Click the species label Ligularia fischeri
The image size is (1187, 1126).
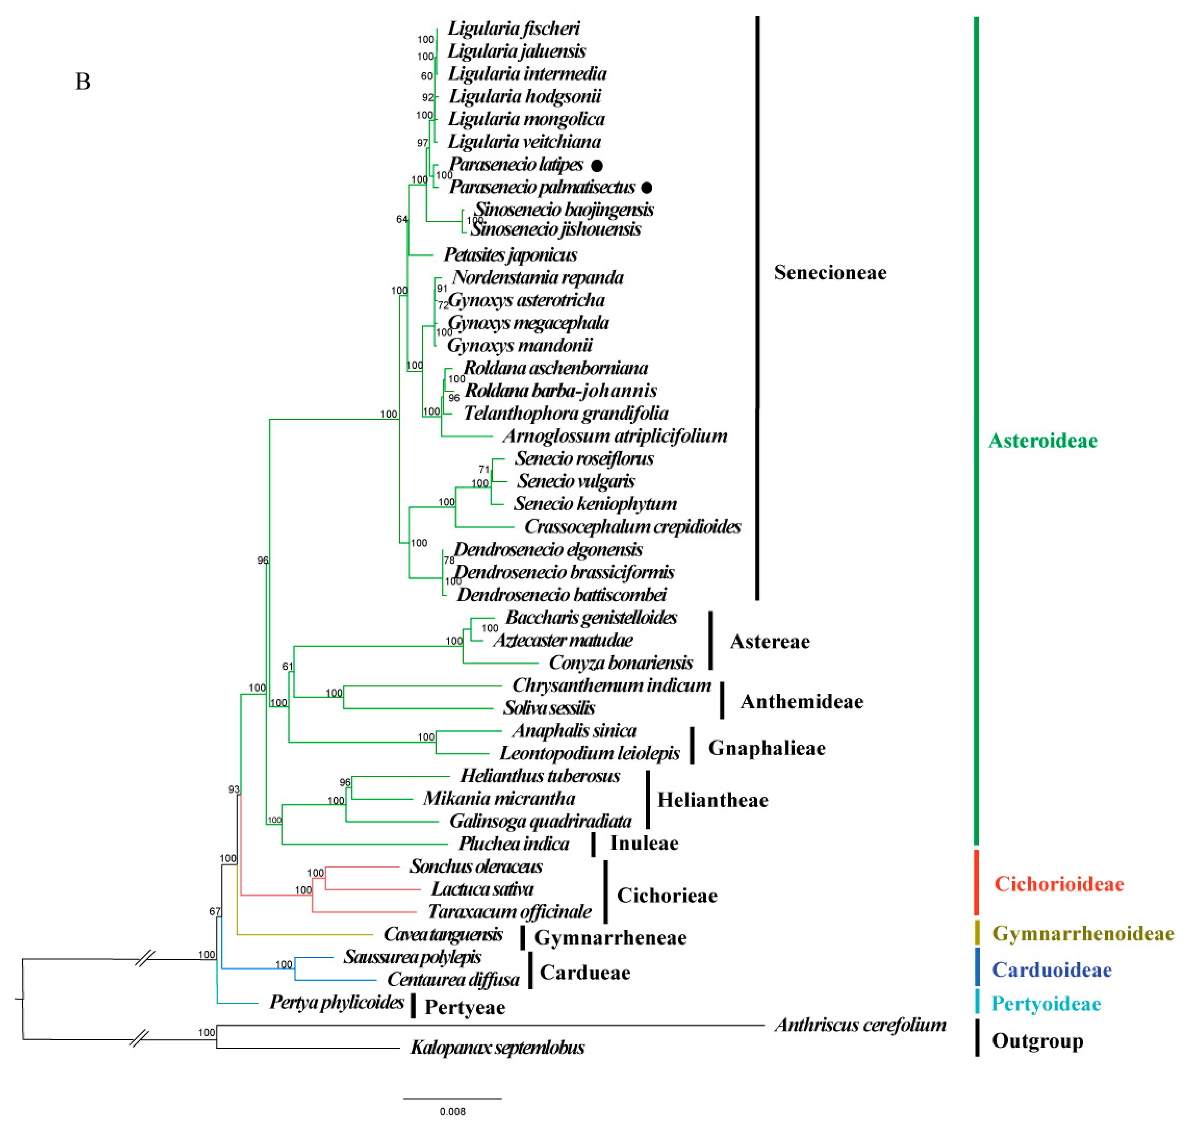[x=514, y=28]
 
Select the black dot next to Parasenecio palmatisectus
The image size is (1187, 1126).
[x=646, y=187]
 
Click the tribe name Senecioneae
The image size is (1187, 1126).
[x=830, y=273]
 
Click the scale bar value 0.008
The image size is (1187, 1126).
[x=452, y=1112]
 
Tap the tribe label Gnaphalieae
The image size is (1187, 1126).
[x=767, y=748]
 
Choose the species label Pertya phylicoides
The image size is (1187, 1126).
[x=337, y=1002]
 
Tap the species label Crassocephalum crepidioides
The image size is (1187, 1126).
[x=633, y=526]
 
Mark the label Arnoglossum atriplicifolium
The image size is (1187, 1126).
[x=615, y=436]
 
